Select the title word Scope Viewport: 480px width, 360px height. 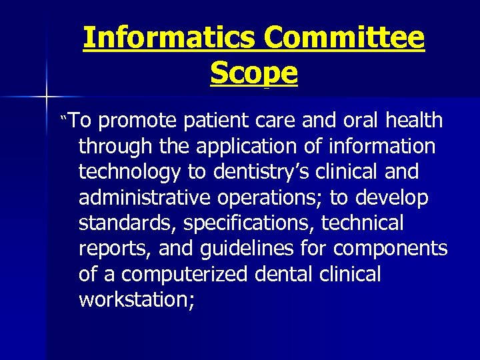(x=253, y=73)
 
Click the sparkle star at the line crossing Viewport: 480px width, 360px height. (x=46, y=98)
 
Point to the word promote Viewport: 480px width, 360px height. (x=137, y=121)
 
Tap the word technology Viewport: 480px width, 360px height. (x=129, y=172)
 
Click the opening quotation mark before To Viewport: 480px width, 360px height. (x=65, y=118)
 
